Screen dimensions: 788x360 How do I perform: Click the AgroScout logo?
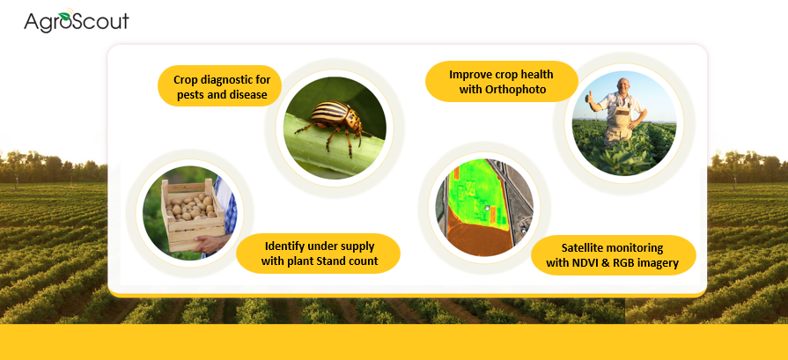tap(77, 20)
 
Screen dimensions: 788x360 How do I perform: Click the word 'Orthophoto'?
tap(503, 90)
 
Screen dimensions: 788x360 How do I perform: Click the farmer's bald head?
tap(623, 84)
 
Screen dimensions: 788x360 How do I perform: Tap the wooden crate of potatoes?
tap(193, 215)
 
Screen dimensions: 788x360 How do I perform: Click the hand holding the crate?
tap(208, 244)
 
